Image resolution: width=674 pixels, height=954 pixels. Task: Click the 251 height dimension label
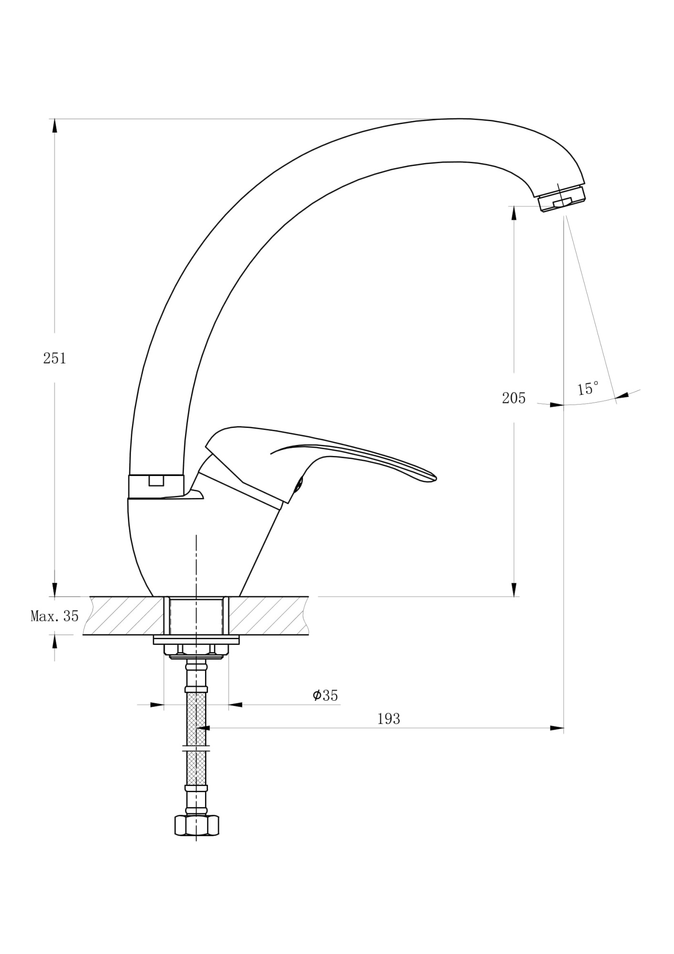[x=54, y=358]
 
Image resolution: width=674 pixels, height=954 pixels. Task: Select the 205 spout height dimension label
[x=513, y=398]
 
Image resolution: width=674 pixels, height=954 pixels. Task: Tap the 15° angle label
[x=588, y=388]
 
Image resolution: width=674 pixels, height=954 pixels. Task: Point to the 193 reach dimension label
[x=389, y=719]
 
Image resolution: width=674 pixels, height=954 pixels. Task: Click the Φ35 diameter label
[x=325, y=695]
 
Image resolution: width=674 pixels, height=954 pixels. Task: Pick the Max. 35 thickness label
[x=54, y=616]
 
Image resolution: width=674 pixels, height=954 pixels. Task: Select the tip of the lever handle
[x=435, y=478]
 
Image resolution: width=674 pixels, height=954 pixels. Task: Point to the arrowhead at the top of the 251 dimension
[x=54, y=125]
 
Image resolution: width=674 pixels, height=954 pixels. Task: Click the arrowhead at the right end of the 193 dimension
[x=557, y=728]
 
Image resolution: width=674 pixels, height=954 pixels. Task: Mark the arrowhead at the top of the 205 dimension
[x=514, y=213]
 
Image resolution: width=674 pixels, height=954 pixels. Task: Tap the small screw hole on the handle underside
[x=298, y=486]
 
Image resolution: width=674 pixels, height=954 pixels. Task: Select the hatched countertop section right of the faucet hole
[x=268, y=615]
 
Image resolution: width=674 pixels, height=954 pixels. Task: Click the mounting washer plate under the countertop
[x=196, y=640]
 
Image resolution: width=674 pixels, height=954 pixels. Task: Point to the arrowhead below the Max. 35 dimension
[x=54, y=642]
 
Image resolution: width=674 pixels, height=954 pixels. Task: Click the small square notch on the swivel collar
[x=156, y=481]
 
